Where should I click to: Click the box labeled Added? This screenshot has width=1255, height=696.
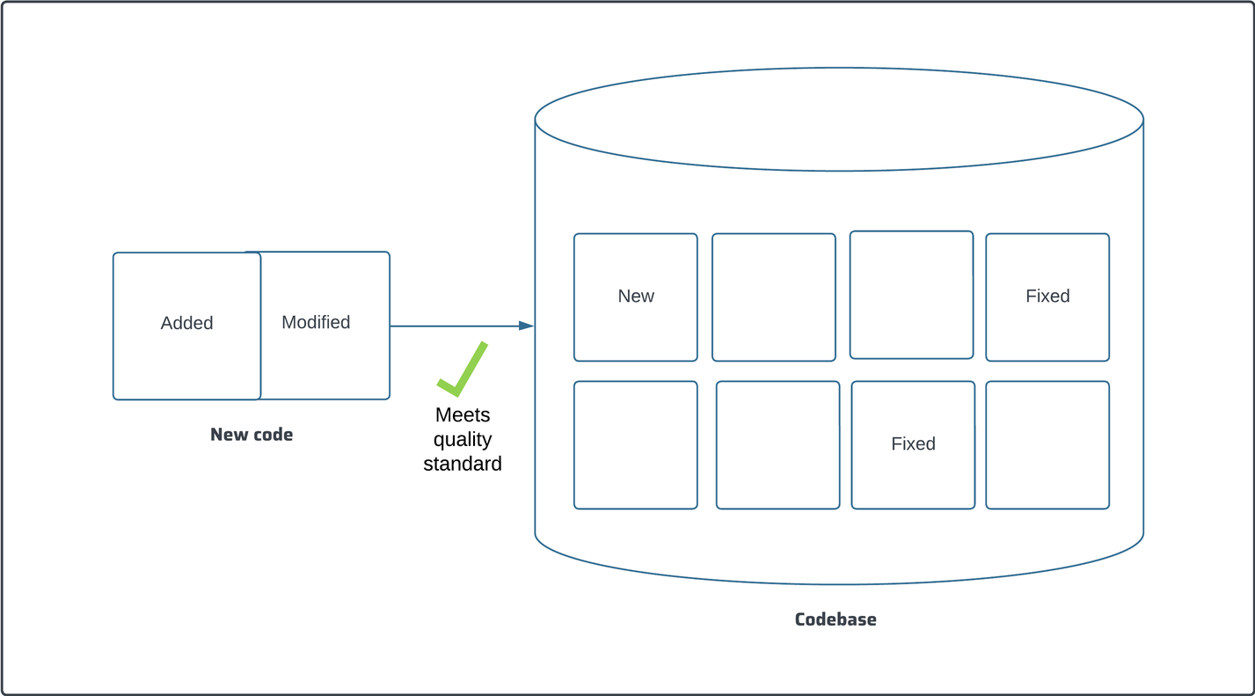click(186, 326)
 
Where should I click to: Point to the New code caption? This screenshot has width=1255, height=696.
click(252, 435)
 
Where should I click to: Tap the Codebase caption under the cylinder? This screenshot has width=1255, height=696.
click(835, 619)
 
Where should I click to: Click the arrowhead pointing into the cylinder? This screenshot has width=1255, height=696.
click(526, 326)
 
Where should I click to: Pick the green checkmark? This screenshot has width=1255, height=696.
click(462, 369)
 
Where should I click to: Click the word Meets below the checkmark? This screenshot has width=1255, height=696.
click(463, 414)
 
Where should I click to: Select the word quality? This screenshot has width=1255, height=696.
click(463, 439)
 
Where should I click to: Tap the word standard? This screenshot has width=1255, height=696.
click(463, 464)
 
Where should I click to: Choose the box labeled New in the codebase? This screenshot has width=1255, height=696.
click(636, 297)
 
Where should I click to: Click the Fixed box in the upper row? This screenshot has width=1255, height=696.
click(1047, 297)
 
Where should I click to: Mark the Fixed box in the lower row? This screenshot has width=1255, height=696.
click(913, 444)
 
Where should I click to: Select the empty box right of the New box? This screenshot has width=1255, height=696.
click(774, 297)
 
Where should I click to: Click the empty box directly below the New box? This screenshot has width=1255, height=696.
click(636, 444)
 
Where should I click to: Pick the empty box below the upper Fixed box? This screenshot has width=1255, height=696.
click(1047, 444)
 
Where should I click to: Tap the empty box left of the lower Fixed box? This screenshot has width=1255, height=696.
click(778, 444)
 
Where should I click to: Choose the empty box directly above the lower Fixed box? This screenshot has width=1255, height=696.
click(912, 295)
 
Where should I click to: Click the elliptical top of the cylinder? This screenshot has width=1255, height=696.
click(839, 119)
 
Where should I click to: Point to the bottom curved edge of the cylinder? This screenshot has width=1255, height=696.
click(839, 583)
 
